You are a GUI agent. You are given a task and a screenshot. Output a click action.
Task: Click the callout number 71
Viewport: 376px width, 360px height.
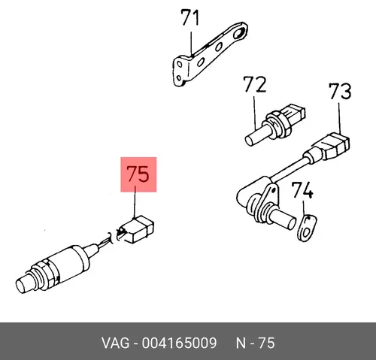click(x=190, y=17)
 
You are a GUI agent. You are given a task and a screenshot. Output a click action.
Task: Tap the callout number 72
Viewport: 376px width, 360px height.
click(x=254, y=84)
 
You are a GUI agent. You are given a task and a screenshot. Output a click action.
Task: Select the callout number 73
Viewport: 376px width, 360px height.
click(x=340, y=91)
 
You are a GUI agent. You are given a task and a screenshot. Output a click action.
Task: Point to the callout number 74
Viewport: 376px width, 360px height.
click(x=302, y=190)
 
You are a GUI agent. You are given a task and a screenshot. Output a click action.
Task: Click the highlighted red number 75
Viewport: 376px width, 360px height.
click(x=138, y=174)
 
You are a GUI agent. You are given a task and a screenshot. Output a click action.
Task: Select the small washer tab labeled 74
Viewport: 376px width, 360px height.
click(x=307, y=228)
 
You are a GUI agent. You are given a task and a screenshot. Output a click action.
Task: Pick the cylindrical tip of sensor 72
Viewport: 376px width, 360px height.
click(x=253, y=137)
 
